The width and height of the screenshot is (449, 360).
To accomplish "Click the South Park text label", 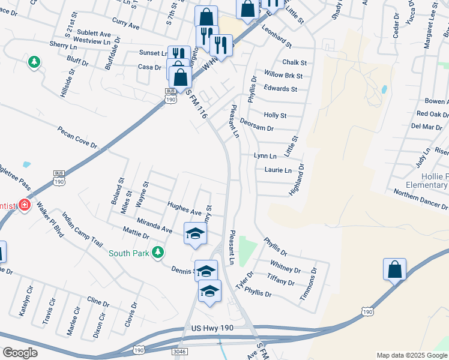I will point(128,253).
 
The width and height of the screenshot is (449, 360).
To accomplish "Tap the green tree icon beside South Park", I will point(158,252).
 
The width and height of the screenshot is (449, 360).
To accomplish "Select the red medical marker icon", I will point(24,206).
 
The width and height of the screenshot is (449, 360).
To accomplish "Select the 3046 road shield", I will point(179,350).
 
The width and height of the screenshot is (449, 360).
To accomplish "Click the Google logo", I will point(20,353).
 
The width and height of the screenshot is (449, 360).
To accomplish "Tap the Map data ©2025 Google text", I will point(411,355).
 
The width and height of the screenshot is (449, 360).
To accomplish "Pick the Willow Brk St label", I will point(283,76).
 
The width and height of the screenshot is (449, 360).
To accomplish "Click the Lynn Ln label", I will point(265,155).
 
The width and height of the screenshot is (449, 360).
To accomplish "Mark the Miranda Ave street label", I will point(155,226).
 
